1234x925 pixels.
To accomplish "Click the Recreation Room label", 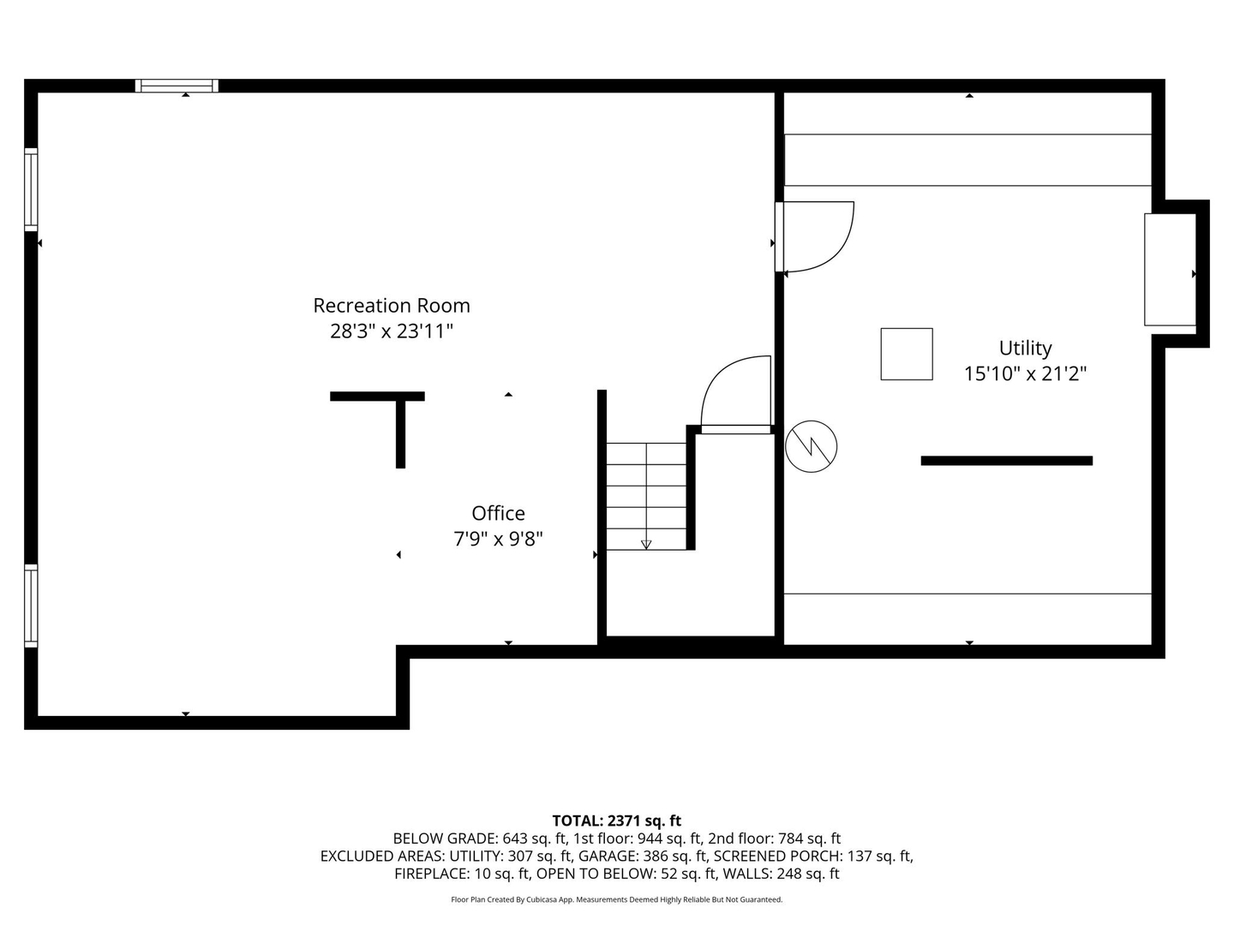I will tap(391, 306).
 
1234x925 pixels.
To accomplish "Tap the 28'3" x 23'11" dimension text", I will tap(391, 331).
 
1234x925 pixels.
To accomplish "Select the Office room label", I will tap(498, 513).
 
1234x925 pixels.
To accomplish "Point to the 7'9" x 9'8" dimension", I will tap(498, 539).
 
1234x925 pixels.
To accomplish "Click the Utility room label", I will tap(1025, 348).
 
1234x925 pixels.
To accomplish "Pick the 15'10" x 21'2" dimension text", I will tap(1025, 373).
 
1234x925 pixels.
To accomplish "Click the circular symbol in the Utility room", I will tap(811, 446).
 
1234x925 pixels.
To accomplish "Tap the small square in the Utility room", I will tap(907, 354).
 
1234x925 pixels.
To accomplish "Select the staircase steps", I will tap(646, 496).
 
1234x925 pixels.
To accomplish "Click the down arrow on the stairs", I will tap(646, 544).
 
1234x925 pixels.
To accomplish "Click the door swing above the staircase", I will tap(737, 391).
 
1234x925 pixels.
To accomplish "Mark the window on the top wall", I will tap(177, 86).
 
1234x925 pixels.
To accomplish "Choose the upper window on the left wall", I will tap(31, 189).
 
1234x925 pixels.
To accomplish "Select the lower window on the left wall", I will tap(31, 606).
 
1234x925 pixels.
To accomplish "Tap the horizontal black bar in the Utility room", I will tap(1006, 461).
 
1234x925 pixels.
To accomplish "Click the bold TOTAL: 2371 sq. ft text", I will tap(616, 821).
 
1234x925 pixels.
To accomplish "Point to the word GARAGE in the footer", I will tap(607, 856).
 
